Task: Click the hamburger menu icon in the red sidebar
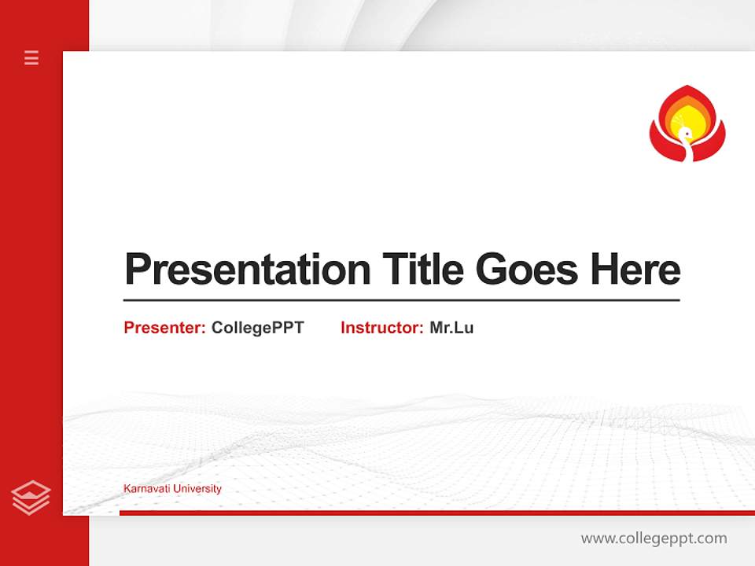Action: click(x=31, y=57)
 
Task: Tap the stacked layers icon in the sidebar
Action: click(x=31, y=498)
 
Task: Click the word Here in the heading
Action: click(x=635, y=269)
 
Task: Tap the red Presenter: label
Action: click(x=164, y=328)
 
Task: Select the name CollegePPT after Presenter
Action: click(x=257, y=328)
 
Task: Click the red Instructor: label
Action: click(x=381, y=328)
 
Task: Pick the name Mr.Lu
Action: click(x=451, y=328)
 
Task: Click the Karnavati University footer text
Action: click(x=172, y=488)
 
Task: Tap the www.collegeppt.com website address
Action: click(x=654, y=538)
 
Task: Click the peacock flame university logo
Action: click(x=687, y=124)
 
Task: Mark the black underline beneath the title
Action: click(x=401, y=300)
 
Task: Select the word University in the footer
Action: click(x=197, y=488)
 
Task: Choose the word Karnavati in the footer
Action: click(x=147, y=488)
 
